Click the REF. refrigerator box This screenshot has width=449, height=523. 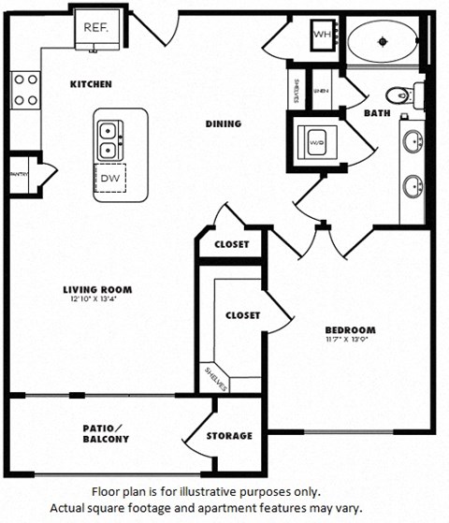click(96, 29)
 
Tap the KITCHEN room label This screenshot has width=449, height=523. click(91, 84)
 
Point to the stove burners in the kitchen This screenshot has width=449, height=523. click(25, 89)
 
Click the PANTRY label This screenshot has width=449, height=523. click(19, 173)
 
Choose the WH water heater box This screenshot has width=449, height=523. click(322, 35)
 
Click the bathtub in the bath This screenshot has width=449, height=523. click(384, 40)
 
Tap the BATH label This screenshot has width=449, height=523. click(377, 113)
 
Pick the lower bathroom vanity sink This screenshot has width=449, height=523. click(413, 186)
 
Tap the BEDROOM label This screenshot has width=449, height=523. click(350, 329)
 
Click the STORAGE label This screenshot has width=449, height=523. click(229, 435)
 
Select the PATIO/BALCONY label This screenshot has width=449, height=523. click(105, 433)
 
